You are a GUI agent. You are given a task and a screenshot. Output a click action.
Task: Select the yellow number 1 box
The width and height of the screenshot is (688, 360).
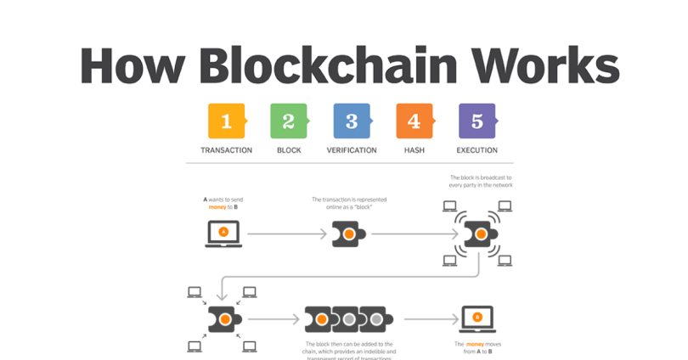[x=226, y=121]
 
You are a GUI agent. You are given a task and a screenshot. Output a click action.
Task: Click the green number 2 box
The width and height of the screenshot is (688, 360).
[x=289, y=121]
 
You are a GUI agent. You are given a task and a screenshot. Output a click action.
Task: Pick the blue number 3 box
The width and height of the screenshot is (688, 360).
[x=352, y=121]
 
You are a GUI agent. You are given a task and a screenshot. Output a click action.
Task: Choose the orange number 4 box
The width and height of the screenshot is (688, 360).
[x=414, y=121]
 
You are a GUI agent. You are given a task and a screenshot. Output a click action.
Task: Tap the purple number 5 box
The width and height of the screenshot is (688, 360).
[x=477, y=121]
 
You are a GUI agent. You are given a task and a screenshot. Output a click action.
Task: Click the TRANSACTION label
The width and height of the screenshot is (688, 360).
[x=226, y=150]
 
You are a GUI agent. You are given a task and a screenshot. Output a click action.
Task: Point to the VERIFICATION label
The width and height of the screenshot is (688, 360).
[x=352, y=150]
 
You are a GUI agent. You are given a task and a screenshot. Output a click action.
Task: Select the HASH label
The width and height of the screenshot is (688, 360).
[x=414, y=150]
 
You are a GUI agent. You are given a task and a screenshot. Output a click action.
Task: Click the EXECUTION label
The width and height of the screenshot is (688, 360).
[x=477, y=150]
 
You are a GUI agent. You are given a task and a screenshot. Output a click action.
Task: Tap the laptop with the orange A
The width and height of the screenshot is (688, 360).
[x=223, y=233]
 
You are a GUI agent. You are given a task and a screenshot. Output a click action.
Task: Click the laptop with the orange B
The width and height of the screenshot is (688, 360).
[x=477, y=319]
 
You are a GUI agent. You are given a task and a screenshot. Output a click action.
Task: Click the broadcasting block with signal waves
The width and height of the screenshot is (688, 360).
[x=481, y=233]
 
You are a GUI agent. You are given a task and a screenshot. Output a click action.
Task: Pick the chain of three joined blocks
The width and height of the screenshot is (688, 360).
[x=349, y=319]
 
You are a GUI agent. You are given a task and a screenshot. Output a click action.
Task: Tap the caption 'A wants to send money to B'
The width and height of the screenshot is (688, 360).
[x=223, y=203]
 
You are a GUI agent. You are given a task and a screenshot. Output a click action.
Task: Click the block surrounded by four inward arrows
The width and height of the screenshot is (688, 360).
[x=225, y=319]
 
